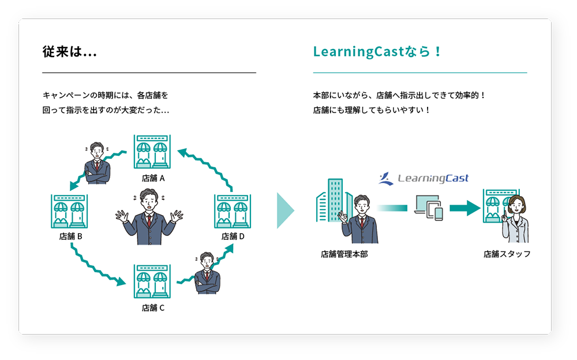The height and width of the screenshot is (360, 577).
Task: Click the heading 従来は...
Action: [69, 52]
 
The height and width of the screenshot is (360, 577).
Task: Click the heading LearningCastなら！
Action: [377, 52]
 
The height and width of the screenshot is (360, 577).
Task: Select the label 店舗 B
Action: [71, 236]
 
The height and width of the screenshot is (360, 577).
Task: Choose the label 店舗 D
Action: [233, 236]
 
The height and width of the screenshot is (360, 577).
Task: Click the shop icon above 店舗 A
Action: [152, 152]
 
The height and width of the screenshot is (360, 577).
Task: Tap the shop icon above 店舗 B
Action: [69, 211]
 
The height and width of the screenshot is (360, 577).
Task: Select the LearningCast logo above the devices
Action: [424, 179]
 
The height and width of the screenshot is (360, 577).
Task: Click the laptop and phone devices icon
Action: [428, 207]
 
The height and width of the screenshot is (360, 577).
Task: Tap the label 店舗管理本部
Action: [344, 254]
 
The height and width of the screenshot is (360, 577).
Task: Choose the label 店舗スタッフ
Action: [507, 254]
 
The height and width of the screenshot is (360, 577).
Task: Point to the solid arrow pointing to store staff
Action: [465, 208]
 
